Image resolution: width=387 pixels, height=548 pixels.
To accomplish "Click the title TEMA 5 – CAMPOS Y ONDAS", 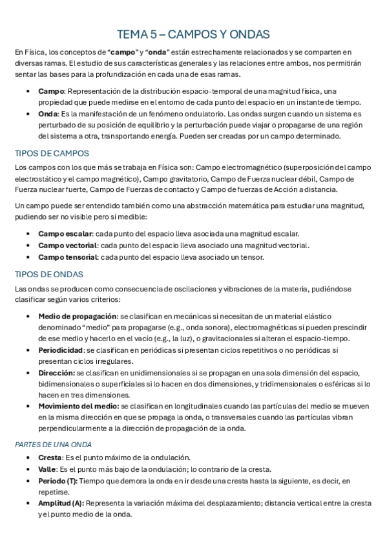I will click(x=193, y=34).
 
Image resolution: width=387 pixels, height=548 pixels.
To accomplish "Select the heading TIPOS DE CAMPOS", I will click(x=52, y=153).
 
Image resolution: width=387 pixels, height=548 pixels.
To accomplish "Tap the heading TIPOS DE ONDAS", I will click(x=48, y=274).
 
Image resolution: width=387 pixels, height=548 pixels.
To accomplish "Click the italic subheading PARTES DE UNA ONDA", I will click(x=53, y=445).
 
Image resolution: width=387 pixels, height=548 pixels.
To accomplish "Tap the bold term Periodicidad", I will click(x=61, y=350).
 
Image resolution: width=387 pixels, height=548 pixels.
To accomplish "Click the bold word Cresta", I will click(x=50, y=457).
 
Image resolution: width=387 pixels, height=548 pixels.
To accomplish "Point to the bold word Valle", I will click(x=47, y=469).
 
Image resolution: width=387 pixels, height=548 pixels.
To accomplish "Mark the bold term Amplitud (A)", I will click(x=61, y=502).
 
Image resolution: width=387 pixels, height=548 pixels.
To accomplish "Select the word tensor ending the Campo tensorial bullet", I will click(x=252, y=257).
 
